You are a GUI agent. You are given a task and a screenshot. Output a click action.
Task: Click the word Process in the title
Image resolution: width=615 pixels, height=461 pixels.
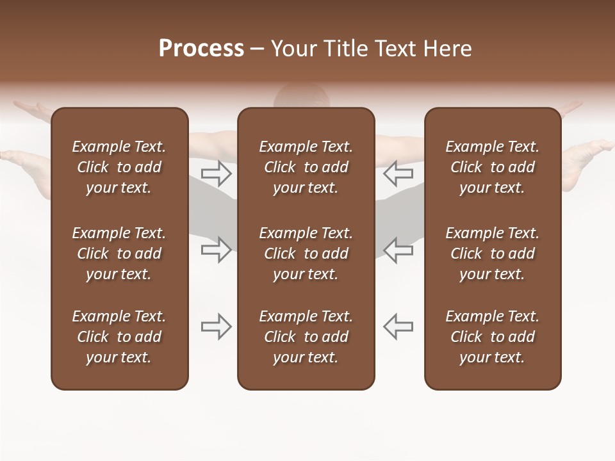[201, 49]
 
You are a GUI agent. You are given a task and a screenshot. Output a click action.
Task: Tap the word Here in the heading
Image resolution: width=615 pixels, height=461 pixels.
[448, 49]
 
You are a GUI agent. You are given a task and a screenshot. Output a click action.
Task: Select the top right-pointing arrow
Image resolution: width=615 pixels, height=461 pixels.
[216, 174]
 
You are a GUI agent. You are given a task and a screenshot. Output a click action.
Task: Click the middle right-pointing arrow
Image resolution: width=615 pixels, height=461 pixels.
[216, 250]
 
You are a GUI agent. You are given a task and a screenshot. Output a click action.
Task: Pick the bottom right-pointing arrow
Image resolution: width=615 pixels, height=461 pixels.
[216, 327]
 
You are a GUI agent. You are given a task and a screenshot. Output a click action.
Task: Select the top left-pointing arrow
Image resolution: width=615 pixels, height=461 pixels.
[398, 174]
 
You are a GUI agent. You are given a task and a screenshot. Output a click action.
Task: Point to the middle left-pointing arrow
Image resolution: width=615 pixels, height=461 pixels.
[398, 250]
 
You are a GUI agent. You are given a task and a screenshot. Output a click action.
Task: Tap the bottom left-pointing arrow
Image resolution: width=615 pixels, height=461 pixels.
[398, 327]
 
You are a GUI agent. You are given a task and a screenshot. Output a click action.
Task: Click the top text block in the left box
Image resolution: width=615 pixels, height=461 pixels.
[119, 167]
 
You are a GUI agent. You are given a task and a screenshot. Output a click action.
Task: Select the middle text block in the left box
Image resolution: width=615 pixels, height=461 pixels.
[119, 254]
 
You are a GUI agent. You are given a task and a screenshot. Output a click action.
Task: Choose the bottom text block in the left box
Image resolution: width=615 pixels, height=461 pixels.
[119, 337]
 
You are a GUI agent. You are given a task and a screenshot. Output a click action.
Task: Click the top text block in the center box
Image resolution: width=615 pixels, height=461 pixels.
[306, 167]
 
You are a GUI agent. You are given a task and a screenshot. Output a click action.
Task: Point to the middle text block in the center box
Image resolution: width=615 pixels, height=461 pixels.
[306, 254]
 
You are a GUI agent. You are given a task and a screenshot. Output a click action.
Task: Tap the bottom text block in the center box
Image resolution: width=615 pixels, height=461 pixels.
[306, 337]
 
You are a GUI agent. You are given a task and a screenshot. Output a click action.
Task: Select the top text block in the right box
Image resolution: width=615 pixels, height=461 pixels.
[492, 167]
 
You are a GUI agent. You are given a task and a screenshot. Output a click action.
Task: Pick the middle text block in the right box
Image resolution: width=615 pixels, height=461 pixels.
[492, 254]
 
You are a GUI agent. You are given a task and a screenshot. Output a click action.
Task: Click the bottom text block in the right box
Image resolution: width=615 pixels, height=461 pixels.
[492, 337]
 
